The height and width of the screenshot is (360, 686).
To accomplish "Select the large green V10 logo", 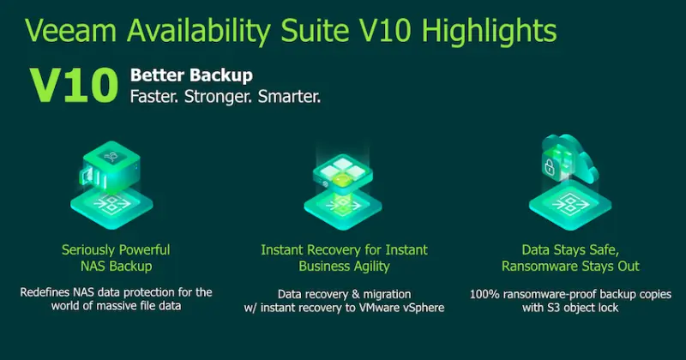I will tap(73, 87).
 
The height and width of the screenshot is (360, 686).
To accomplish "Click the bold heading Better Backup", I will tap(191, 75).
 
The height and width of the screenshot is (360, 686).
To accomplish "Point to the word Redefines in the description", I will tap(48, 292).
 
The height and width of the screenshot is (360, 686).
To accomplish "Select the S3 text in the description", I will tap(551, 309).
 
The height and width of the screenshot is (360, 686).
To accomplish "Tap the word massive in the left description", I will tap(109, 308).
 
